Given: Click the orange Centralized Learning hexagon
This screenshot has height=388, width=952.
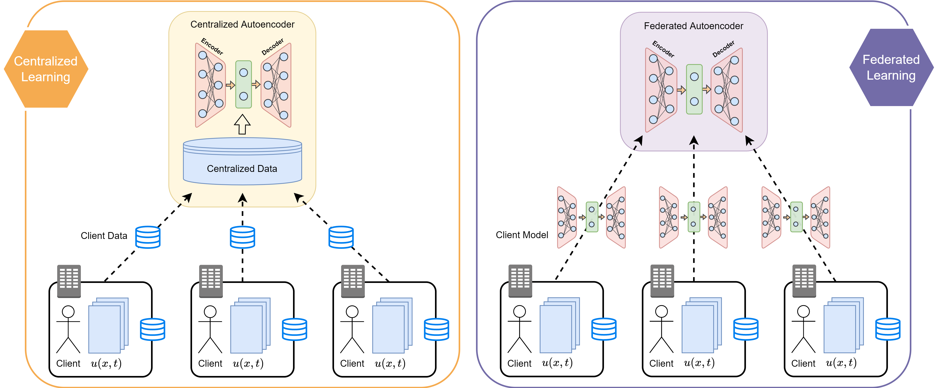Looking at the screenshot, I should tap(46, 69).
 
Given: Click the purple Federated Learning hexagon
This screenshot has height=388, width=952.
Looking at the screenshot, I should tap(891, 68).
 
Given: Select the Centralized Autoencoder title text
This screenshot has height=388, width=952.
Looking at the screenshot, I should tap(242, 24).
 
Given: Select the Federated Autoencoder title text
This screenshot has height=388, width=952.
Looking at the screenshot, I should tap(693, 26).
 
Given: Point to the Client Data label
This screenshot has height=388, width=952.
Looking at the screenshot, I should tap(104, 236).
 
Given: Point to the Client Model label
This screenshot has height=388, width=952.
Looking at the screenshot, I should tap(522, 235).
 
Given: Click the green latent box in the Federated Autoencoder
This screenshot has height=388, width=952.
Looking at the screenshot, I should tap(694, 90).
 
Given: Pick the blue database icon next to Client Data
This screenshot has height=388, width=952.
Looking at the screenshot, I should tap(148, 237).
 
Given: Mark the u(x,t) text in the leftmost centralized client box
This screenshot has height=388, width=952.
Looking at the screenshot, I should tap(106, 364).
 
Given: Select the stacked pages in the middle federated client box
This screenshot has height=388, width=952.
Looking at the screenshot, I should tap(701, 325).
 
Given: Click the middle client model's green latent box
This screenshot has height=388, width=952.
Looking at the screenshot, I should tap(694, 217).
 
